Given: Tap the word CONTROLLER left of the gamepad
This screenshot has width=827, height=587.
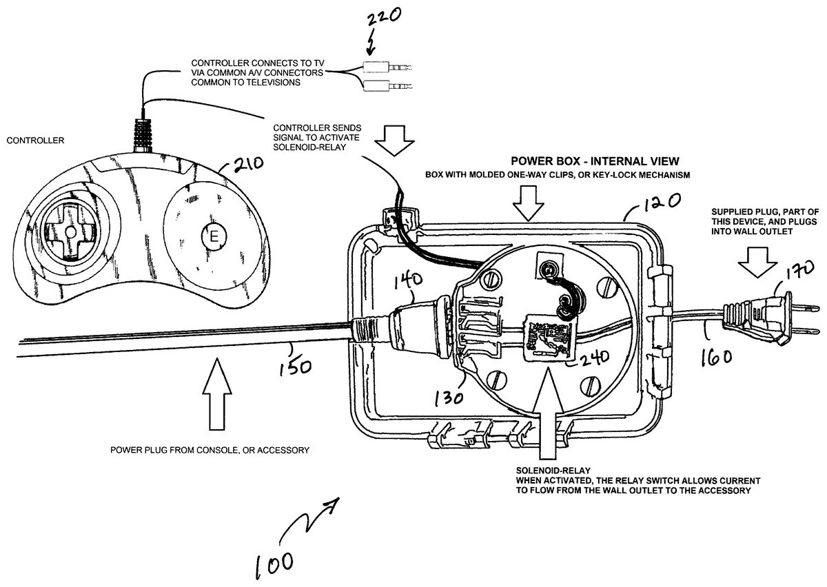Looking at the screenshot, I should [x=34, y=140].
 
